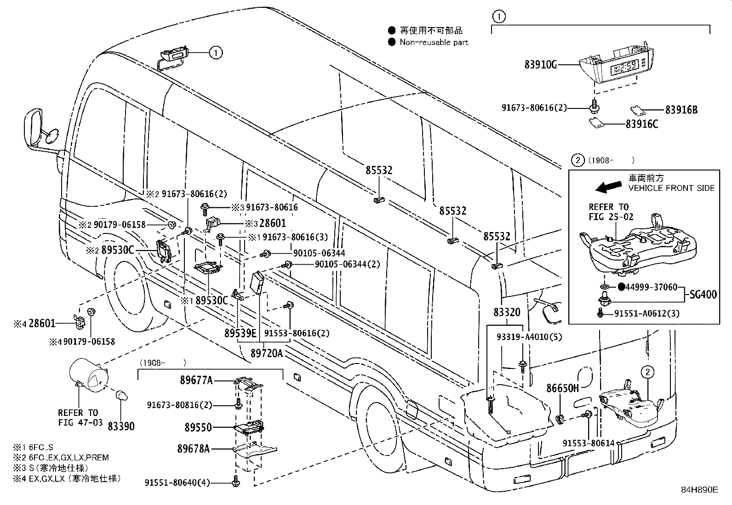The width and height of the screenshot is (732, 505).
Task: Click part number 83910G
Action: click(x=540, y=64)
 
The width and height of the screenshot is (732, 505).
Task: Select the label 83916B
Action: click(x=681, y=110)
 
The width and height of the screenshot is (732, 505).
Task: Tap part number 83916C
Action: click(x=641, y=124)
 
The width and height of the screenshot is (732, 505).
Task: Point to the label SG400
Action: click(x=703, y=295)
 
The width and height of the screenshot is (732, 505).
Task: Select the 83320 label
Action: click(x=507, y=313)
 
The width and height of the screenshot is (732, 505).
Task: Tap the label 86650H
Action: click(x=562, y=388)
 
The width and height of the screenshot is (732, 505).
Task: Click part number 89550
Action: click(x=198, y=427)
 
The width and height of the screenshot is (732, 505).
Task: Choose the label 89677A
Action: click(x=196, y=380)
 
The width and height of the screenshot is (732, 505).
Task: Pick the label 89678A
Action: click(x=194, y=448)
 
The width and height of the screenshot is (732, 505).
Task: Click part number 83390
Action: click(x=121, y=426)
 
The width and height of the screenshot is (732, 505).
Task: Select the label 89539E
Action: click(x=240, y=333)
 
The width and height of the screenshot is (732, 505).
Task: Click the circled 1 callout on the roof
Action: click(x=216, y=52)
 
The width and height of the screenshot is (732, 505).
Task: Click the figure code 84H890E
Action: click(x=699, y=490)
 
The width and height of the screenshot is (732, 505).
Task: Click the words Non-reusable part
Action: click(x=434, y=42)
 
